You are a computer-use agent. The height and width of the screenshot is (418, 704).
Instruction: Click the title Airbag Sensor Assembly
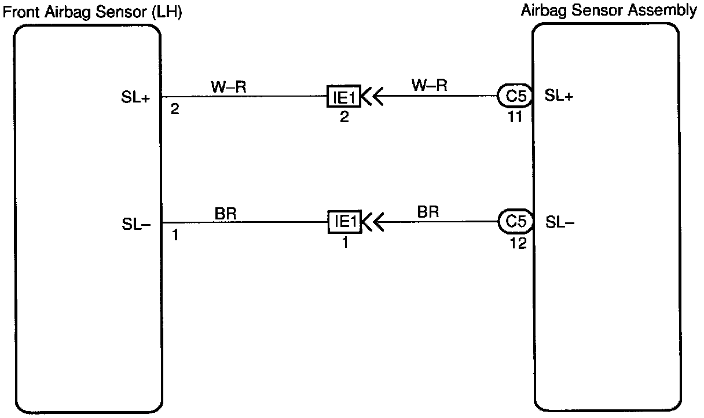[x=609, y=10]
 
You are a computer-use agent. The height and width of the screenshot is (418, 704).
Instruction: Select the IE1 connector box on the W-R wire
[x=344, y=97]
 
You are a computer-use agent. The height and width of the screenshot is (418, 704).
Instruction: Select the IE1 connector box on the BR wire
[x=344, y=222]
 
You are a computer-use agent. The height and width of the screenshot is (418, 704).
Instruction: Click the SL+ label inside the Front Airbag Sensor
[x=137, y=98]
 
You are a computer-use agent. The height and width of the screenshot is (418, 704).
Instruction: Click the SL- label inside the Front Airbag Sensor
[x=137, y=223]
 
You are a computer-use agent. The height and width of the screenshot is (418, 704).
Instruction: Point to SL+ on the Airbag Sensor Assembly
[x=559, y=97]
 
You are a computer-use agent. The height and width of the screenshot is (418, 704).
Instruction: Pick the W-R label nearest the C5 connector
[x=429, y=86]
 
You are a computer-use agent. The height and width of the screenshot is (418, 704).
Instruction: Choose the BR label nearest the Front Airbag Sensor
[x=225, y=213]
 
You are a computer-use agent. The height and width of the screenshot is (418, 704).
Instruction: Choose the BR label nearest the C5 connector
[x=428, y=212]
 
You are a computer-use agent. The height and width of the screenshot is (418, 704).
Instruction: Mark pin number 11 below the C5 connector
[x=514, y=117]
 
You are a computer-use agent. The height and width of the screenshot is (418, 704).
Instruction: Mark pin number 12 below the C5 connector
[x=518, y=243]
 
